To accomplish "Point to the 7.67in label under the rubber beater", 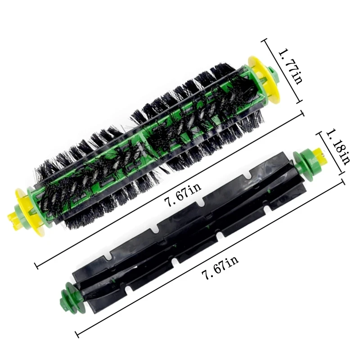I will (x=220, y=268).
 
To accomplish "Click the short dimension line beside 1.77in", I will (x=283, y=72).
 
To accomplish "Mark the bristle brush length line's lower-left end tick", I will (x=36, y=265).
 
